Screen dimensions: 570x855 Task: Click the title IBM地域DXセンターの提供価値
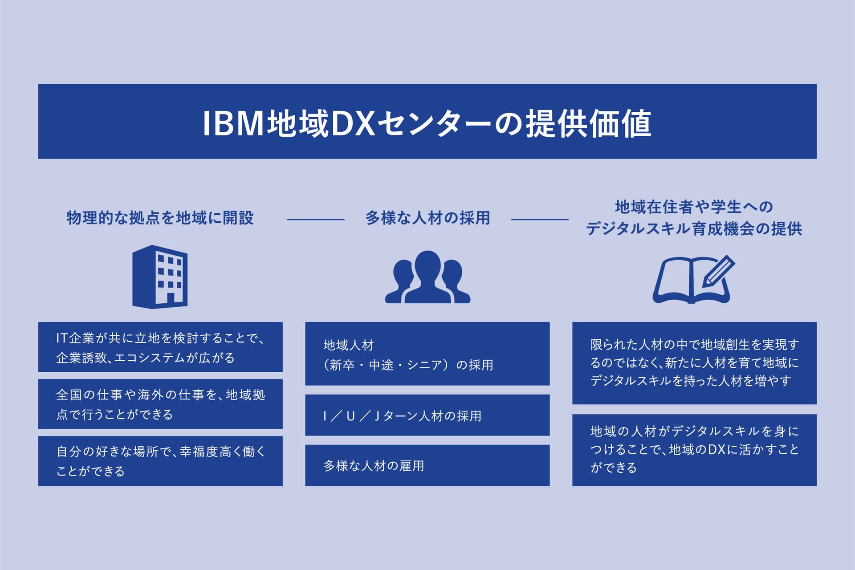[x=427, y=123]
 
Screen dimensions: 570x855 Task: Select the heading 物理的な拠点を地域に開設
[x=160, y=218]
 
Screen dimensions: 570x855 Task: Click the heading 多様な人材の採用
[x=427, y=218]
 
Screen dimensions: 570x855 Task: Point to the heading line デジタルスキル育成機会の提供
[x=694, y=229]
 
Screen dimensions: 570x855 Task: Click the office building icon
[x=160, y=277]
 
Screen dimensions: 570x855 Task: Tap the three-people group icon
[x=427, y=277]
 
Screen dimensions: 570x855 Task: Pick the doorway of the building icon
[x=171, y=299]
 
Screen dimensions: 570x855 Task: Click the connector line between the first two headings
[x=316, y=220]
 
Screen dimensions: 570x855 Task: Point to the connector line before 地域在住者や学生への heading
[x=540, y=220]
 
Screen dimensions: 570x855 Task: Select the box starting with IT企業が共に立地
[x=160, y=347]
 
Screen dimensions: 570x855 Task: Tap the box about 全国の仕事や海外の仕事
[x=160, y=404]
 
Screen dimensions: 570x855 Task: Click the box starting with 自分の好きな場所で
[x=160, y=461]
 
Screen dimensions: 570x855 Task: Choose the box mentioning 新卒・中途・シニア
[x=427, y=354]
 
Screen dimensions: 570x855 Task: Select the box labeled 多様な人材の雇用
[x=427, y=465]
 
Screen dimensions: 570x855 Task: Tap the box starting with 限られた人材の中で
[x=694, y=363]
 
